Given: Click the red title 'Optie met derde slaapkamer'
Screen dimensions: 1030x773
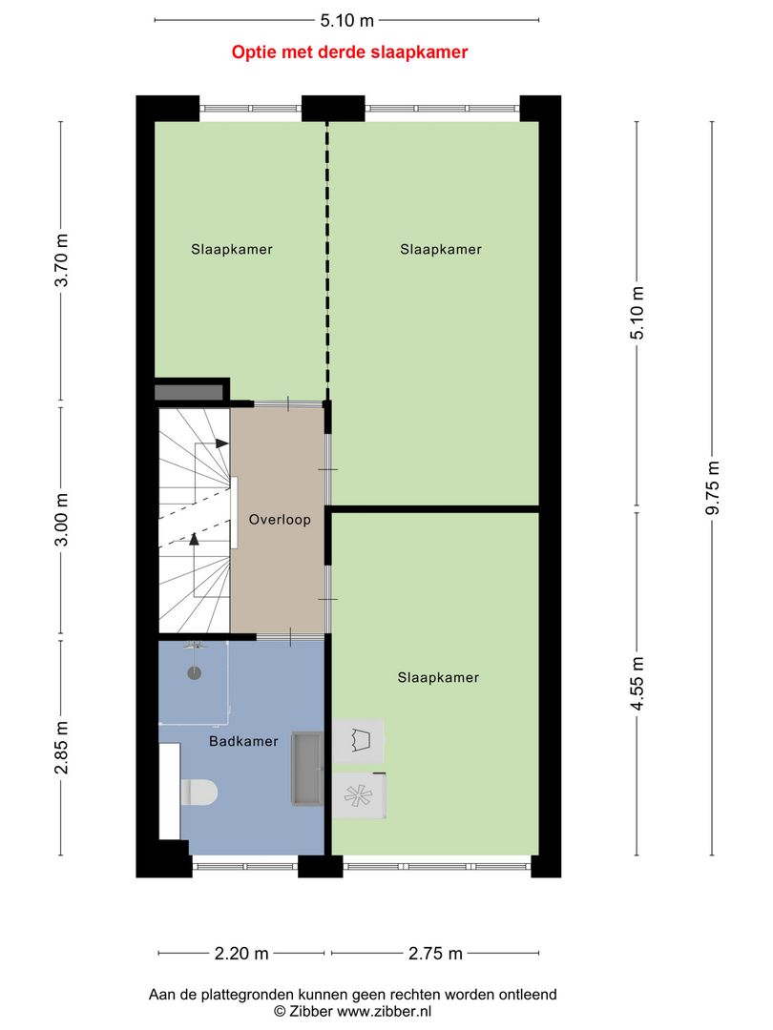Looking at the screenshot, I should (x=349, y=52).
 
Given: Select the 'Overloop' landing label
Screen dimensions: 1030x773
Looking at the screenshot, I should (x=280, y=520).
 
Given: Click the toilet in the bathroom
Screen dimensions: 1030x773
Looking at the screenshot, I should (x=199, y=792).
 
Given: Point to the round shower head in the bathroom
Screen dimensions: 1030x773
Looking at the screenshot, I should (x=195, y=671).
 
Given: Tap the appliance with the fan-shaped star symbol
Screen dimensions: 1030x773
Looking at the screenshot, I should (x=359, y=796).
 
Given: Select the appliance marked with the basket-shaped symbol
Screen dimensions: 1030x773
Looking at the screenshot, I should (x=359, y=741).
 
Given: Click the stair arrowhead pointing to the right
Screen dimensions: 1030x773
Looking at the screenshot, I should (x=221, y=443).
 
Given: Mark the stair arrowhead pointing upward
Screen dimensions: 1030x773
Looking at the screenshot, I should (x=194, y=540).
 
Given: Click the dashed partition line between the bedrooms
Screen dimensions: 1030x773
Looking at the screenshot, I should (x=326, y=257).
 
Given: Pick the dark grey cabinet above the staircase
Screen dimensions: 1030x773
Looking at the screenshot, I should (x=189, y=391).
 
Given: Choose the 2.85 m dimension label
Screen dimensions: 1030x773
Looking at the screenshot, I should (x=62, y=748).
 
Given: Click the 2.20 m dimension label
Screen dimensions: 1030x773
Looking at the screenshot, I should (x=242, y=953).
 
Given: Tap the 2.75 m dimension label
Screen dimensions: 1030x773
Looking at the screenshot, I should (x=435, y=953).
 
